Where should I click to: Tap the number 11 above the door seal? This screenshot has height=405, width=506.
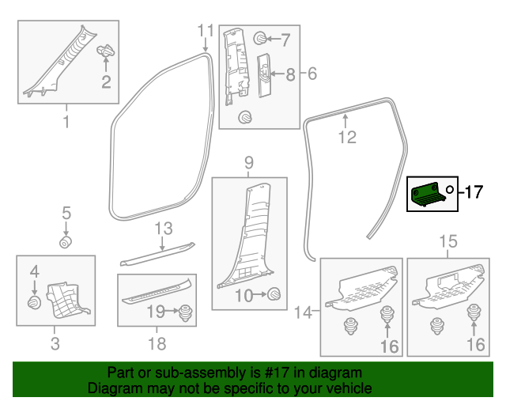[206, 31]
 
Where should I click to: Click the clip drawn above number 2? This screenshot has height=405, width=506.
[105, 53]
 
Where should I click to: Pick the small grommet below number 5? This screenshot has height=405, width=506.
[66, 240]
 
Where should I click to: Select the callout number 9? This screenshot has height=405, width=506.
[248, 162]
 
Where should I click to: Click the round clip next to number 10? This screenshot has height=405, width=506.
[274, 294]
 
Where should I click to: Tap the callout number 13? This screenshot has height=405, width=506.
[163, 229]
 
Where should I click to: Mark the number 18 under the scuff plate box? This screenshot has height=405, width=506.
[157, 343]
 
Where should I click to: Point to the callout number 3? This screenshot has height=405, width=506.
[54, 343]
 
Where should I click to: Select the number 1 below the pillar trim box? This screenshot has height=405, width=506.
[66, 122]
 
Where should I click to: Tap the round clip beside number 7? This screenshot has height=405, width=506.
[259, 38]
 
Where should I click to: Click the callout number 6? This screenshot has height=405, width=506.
[312, 74]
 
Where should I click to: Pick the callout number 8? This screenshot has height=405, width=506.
[290, 74]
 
